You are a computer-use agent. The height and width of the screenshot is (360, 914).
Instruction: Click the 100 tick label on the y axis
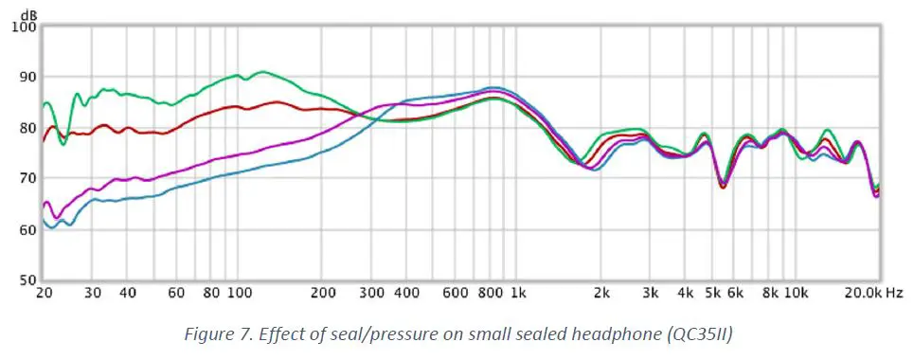click(x=22, y=27)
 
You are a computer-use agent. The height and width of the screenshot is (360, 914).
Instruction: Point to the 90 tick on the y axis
click(x=25, y=78)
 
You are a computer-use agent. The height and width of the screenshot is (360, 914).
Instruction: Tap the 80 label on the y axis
click(x=25, y=128)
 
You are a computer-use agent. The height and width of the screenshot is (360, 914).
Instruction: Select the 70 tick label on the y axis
click(x=25, y=178)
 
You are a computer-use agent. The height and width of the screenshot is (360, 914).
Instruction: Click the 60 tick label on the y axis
click(x=25, y=229)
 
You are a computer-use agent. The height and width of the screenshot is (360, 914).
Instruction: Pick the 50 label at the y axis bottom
click(x=25, y=280)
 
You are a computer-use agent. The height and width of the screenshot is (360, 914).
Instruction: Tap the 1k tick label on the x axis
click(x=519, y=295)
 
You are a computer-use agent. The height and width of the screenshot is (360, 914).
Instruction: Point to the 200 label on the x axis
click(x=324, y=295)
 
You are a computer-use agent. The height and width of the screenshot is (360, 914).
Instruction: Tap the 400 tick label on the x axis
click(x=407, y=295)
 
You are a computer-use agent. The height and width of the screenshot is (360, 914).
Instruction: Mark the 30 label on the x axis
click(x=93, y=295)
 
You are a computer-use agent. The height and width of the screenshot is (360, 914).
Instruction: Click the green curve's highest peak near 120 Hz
click(x=261, y=71)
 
